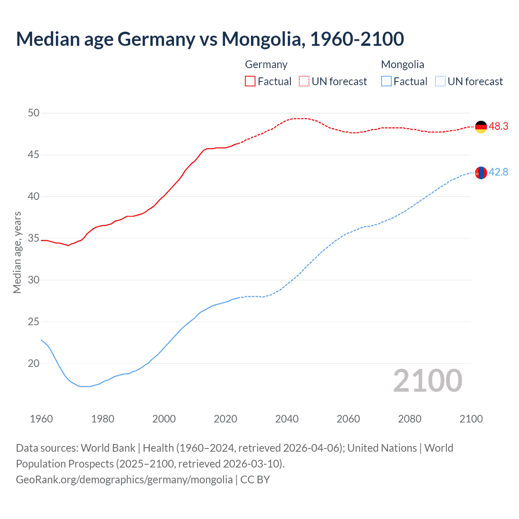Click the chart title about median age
click(x=210, y=39)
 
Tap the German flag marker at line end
click(x=481, y=127)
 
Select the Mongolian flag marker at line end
click(x=481, y=173)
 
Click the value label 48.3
click(x=498, y=127)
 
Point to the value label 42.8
click(x=498, y=172)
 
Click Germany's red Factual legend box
click(x=250, y=81)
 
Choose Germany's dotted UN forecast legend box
click(x=304, y=81)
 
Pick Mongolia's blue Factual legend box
click(x=386, y=81)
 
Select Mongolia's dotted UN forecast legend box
click(x=440, y=81)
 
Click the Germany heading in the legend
click(x=266, y=64)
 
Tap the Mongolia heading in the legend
click(x=402, y=64)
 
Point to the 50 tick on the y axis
click(x=34, y=113)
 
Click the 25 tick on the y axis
click(x=34, y=322)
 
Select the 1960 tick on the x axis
click(x=41, y=419)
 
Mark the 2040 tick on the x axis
click(x=287, y=419)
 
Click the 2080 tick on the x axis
click(x=410, y=419)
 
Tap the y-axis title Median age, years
click(x=17, y=252)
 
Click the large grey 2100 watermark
click(x=427, y=381)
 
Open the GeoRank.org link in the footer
click(x=124, y=480)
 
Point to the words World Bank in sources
click(x=108, y=448)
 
